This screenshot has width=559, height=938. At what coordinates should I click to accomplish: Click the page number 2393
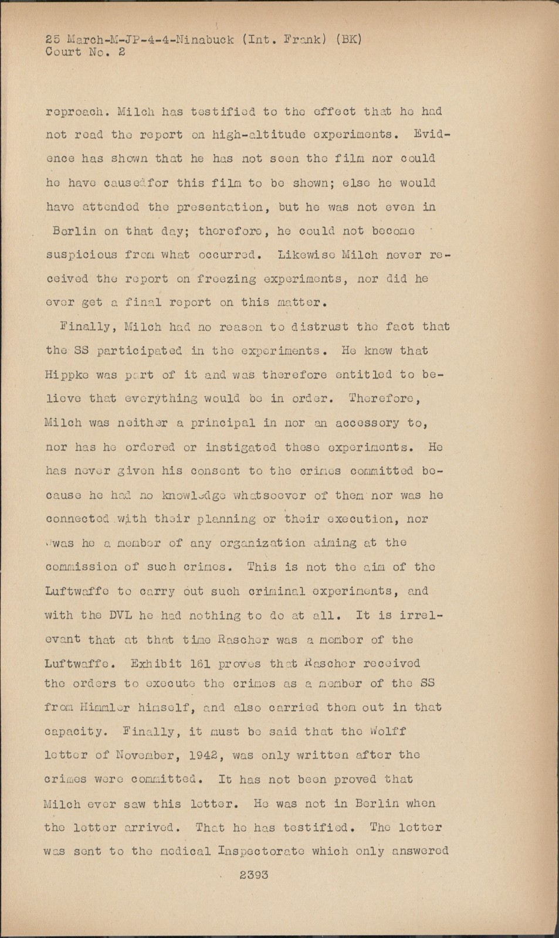(253, 875)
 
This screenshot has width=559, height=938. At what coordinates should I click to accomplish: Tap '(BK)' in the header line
(348, 40)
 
